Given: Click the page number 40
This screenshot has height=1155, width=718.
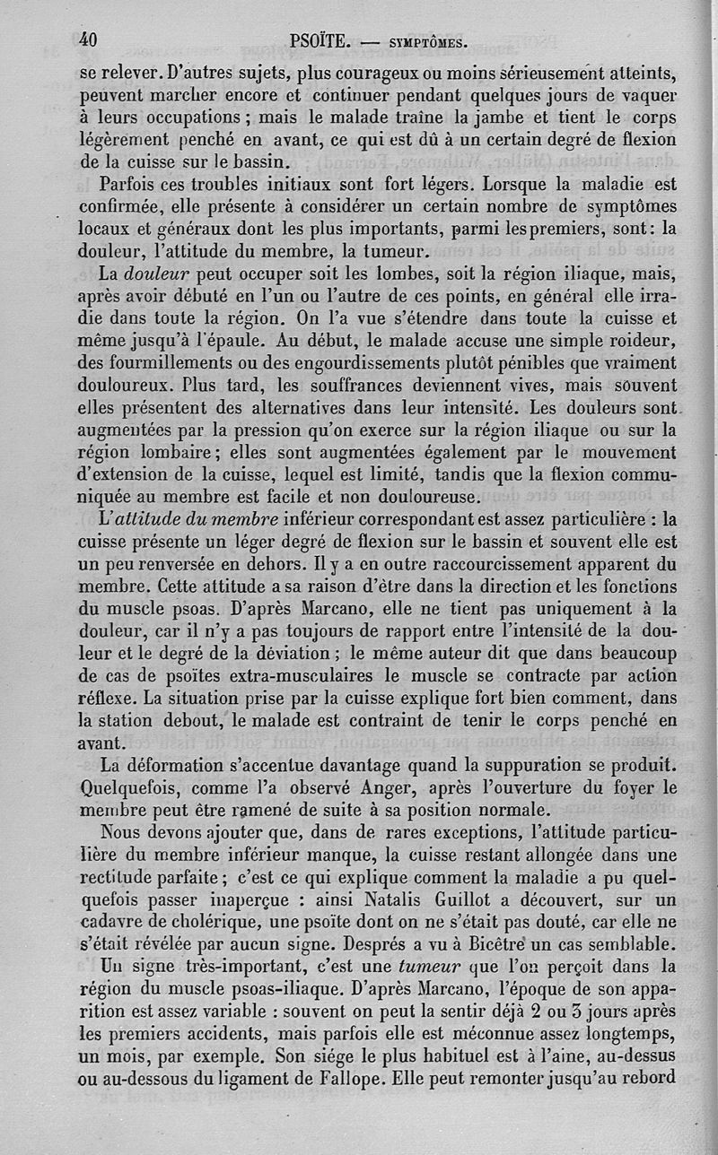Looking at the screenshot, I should pos(88,39).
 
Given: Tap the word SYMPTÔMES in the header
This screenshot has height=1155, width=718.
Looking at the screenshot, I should pos(415,42).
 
